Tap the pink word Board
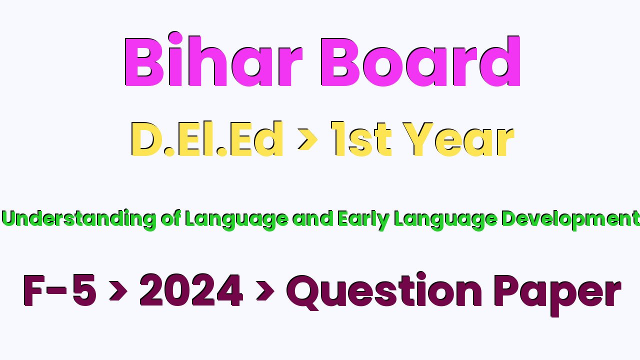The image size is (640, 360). pos(420,61)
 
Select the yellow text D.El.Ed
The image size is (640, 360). pos(207,139)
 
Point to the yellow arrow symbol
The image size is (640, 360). pos(307,139)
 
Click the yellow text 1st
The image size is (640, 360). pos(361,139)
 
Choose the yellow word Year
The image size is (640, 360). pos(458,139)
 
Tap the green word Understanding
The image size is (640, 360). pos(79,219)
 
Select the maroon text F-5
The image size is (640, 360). pos(59,290)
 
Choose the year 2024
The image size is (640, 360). pos(191,290)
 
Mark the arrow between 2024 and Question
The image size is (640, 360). pos(265,291)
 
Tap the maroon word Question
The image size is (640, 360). pos(384,291)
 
